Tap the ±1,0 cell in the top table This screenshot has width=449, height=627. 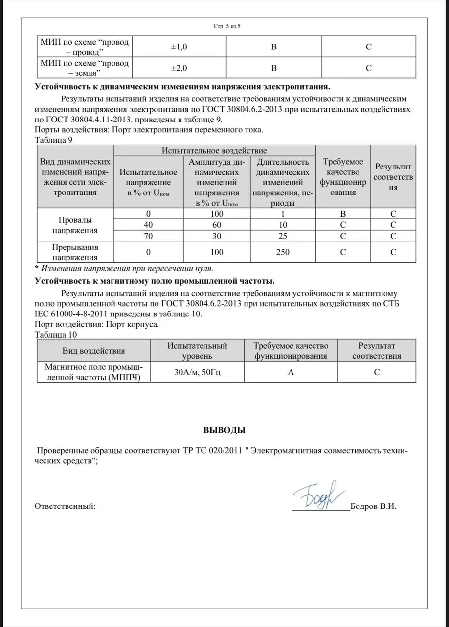(x=179, y=47)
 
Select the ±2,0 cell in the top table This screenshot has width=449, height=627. (x=179, y=68)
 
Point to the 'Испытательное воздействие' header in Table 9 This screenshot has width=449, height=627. (x=214, y=150)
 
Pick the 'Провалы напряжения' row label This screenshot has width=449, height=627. (x=75, y=225)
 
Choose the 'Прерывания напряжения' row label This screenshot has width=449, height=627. (x=75, y=252)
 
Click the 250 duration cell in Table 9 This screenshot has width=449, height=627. (x=282, y=252)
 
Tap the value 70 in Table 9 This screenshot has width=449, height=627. (x=148, y=236)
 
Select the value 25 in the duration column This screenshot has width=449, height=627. (x=282, y=236)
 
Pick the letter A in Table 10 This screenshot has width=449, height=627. (x=291, y=372)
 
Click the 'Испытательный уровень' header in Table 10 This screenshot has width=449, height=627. (x=197, y=351)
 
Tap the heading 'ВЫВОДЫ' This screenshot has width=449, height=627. (x=224, y=430)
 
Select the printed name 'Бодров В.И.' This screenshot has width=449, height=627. (x=373, y=506)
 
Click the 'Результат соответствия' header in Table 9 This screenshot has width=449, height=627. (x=393, y=177)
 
